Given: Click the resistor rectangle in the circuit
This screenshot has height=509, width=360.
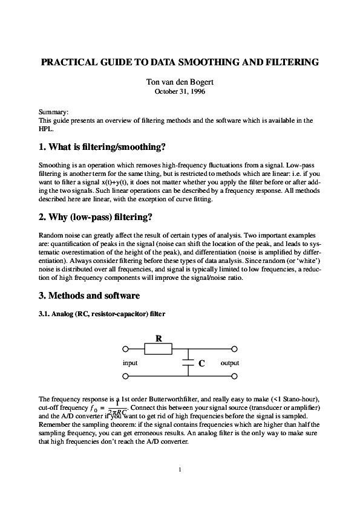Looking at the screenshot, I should point(159,349).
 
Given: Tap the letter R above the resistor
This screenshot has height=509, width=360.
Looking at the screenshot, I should point(159,339).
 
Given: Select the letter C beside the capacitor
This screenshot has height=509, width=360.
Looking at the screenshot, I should point(201,363).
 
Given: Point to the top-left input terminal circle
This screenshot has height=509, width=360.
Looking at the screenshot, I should point(125,349).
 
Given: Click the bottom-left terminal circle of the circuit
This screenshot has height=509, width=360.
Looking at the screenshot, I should point(125,376).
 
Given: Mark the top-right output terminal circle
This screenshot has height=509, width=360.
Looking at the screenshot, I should point(234,349).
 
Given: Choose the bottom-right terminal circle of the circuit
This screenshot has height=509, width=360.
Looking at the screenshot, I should point(234,376).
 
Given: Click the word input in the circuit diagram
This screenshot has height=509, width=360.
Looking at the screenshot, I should point(130,363).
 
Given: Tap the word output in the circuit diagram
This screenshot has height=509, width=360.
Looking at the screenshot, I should point(230,363).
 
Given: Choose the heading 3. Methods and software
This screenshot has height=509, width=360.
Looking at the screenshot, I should point(89,296).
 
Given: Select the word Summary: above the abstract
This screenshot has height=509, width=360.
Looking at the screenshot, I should point(53,112).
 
